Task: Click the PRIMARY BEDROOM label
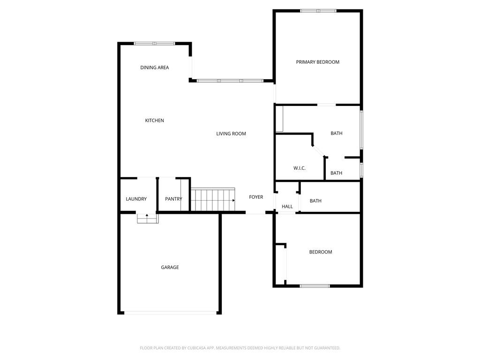317,62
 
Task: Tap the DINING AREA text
155,67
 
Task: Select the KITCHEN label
154,120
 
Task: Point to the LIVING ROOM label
231,134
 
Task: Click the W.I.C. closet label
300,168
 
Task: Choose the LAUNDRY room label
136,199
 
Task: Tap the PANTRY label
173,199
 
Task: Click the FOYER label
256,197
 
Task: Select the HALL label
287,206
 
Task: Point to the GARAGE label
170,267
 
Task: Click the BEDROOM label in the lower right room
321,252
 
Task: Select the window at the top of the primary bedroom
318,11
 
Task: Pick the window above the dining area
155,44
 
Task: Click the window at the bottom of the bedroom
315,286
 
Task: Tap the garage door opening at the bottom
170,313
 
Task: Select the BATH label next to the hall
315,201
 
